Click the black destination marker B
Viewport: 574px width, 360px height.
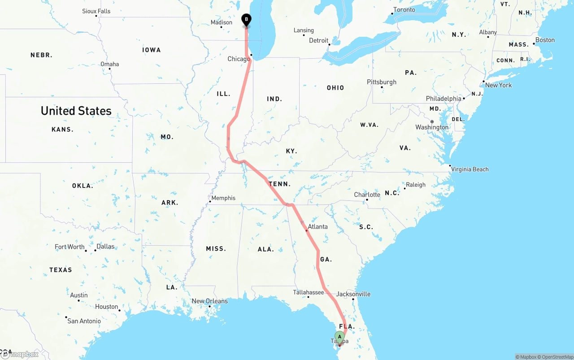click(x=246, y=20)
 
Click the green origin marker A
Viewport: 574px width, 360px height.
click(x=339, y=337)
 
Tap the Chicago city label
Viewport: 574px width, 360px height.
click(x=239, y=59)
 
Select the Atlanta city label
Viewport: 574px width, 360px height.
click(x=317, y=226)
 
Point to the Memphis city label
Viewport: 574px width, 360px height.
click(x=223, y=198)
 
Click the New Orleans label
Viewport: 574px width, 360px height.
click(x=209, y=301)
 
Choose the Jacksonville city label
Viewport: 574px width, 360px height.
click(x=353, y=294)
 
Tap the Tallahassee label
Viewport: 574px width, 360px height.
click(x=309, y=292)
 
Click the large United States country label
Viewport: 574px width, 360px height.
click(x=76, y=111)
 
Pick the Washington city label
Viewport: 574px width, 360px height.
click(x=432, y=127)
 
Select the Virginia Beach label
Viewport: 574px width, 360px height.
click(x=470, y=169)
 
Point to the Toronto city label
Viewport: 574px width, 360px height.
click(x=404, y=10)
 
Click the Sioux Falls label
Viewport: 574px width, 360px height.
click(x=96, y=11)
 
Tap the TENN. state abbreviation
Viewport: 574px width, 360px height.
click(x=280, y=184)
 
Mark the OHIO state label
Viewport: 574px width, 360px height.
click(x=335, y=88)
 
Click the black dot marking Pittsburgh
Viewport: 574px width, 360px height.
click(x=382, y=87)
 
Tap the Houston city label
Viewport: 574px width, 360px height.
click(x=106, y=307)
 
